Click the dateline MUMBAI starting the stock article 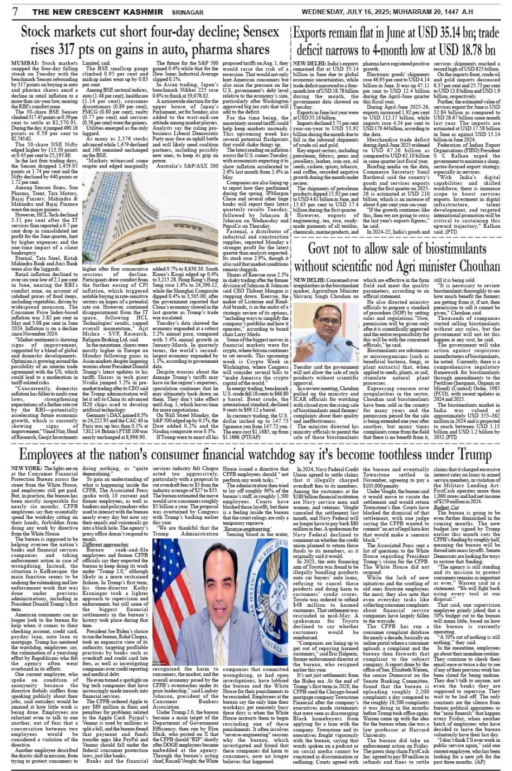tap(24, 63)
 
